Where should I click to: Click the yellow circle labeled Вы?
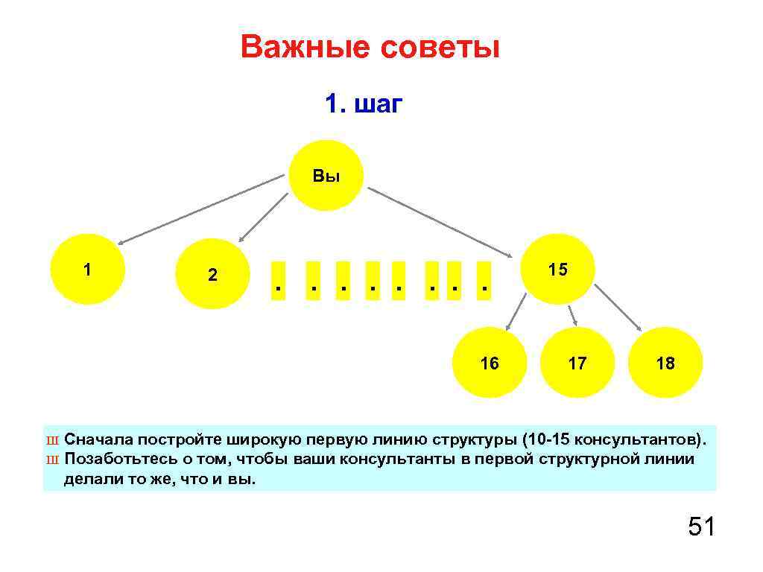[326, 176]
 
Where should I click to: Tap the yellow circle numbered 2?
[213, 274]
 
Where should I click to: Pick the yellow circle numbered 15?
[558, 269]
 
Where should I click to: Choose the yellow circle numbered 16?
[490, 363]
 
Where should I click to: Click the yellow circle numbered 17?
[577, 363]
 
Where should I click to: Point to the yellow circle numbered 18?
[665, 363]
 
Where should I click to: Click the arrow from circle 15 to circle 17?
[572, 315]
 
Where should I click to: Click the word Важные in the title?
[305, 48]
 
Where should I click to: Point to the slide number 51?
[701, 527]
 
